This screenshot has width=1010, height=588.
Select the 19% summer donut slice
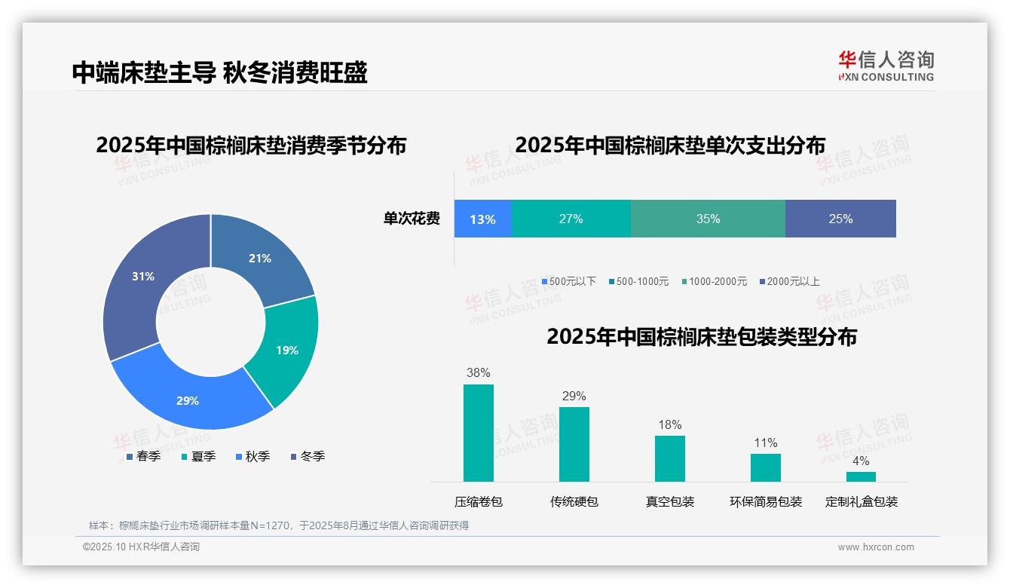tap(286, 350)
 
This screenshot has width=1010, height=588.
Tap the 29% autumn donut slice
tap(188, 400)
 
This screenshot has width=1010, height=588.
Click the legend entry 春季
tap(142, 456)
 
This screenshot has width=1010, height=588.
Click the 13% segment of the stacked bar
tap(482, 219)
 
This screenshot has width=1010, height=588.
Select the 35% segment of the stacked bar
tap(708, 219)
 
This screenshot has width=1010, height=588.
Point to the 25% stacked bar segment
tap(840, 219)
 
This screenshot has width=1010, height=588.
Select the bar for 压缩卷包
tap(478, 433)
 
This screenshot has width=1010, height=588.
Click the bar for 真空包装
tap(669, 458)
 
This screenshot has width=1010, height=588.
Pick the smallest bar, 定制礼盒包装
tap(861, 476)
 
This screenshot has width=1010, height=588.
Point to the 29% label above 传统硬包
tap(574, 396)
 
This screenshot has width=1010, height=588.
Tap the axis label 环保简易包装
tap(766, 501)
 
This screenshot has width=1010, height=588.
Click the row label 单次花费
tap(412, 219)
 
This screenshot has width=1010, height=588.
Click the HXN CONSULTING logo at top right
tap(886, 66)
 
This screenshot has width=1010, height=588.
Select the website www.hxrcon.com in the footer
tap(876, 547)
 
